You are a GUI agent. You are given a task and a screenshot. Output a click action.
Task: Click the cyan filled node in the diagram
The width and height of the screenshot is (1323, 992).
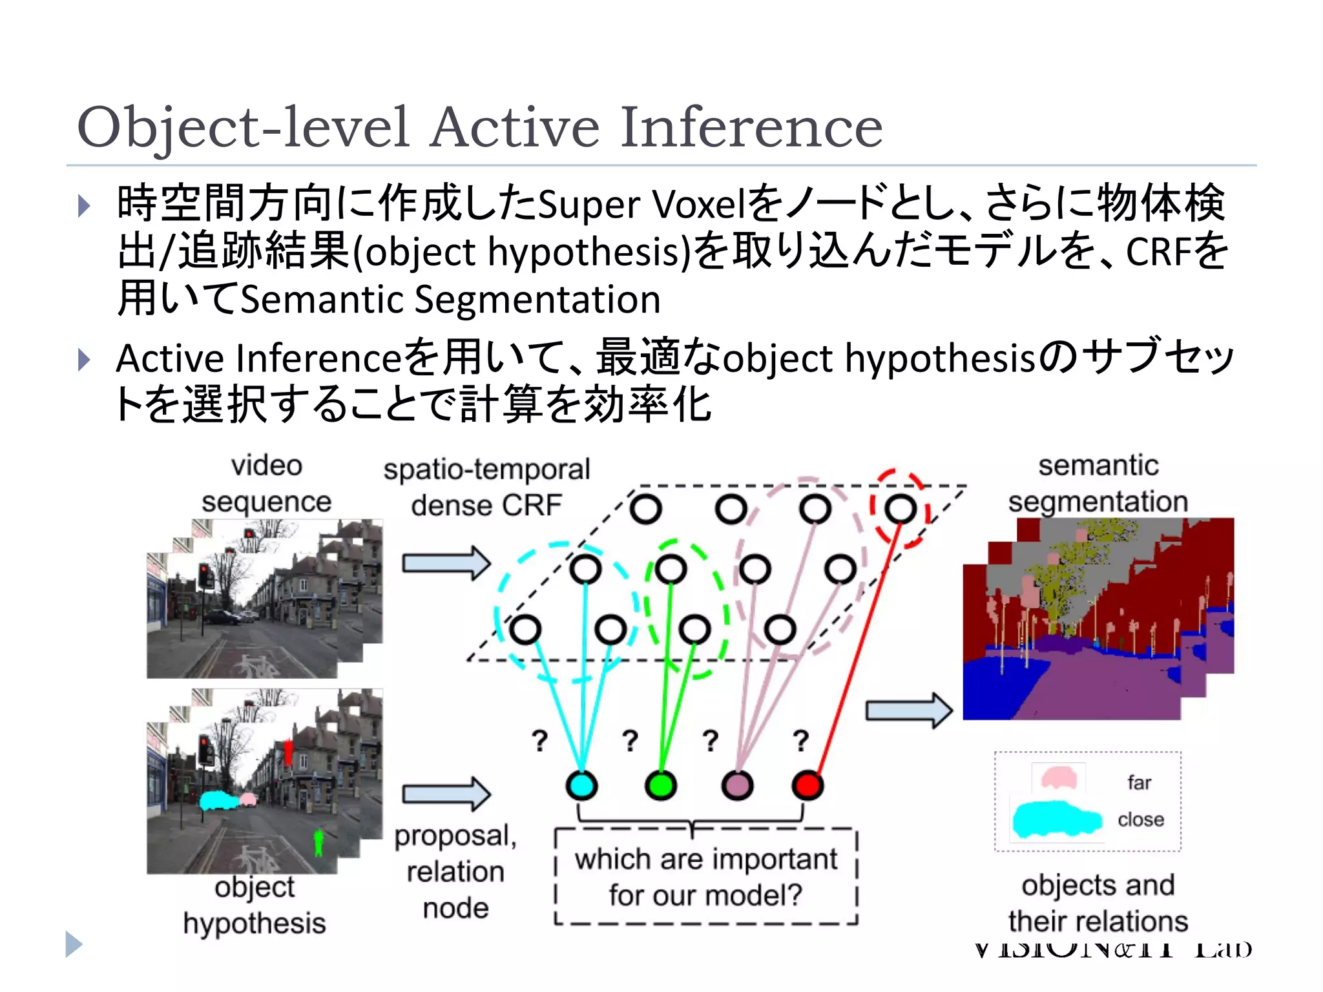(x=581, y=785)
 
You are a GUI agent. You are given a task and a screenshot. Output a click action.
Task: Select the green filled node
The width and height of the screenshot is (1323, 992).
(x=660, y=785)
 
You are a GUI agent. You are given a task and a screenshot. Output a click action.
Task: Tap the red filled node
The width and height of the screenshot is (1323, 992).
(x=807, y=785)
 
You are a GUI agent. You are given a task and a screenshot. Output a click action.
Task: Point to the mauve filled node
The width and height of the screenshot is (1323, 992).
(x=737, y=785)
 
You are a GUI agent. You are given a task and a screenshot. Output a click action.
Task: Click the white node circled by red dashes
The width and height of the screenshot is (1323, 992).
(x=901, y=509)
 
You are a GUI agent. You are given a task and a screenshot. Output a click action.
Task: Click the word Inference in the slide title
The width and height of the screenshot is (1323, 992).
(x=751, y=127)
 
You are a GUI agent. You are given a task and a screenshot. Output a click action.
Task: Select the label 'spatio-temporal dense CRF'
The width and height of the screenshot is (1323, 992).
(x=486, y=487)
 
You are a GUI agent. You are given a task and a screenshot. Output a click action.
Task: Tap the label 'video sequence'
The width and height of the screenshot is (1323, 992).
(x=266, y=483)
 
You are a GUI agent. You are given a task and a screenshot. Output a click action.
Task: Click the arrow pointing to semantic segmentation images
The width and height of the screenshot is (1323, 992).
(x=908, y=710)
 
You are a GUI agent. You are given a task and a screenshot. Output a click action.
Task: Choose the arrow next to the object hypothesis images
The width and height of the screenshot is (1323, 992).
(x=446, y=793)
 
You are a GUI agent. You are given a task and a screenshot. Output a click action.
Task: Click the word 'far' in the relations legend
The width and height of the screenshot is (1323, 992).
(x=1139, y=783)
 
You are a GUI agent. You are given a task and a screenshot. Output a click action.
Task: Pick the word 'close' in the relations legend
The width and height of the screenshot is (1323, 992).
(x=1141, y=820)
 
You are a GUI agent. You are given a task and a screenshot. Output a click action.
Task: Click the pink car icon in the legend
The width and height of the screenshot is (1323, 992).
(x=1058, y=778)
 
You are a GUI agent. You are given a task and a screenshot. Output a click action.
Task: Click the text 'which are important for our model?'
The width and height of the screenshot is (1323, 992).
(x=705, y=877)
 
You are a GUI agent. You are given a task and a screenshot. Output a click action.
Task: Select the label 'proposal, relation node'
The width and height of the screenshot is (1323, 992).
(x=455, y=871)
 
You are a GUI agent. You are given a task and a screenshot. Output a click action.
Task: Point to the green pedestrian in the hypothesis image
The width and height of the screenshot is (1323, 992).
(x=318, y=842)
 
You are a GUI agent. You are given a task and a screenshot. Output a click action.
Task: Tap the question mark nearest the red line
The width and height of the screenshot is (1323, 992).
(x=801, y=740)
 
